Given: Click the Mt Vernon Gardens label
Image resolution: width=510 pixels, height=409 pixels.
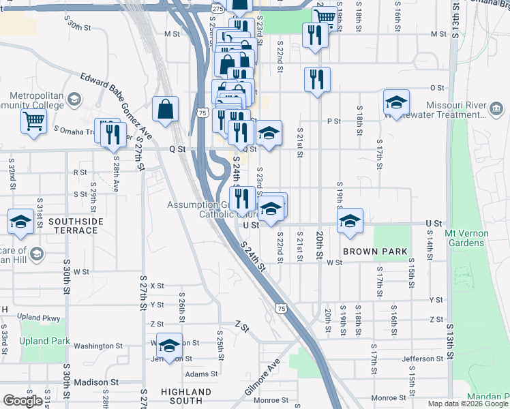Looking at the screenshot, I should pos(466,238).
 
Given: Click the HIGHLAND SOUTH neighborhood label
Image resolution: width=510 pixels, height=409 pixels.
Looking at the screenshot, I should pos(186,397).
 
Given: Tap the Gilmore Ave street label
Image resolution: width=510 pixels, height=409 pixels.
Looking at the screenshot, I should pos(262,376).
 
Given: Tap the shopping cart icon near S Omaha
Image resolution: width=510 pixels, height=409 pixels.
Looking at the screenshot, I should pos(33,121).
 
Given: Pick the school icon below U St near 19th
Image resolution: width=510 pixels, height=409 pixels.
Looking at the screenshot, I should pos(350,220).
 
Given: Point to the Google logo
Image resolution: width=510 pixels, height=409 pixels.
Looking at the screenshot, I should pos(22,401).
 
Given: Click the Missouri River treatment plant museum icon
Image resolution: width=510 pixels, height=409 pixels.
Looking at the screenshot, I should pos(496,108).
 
